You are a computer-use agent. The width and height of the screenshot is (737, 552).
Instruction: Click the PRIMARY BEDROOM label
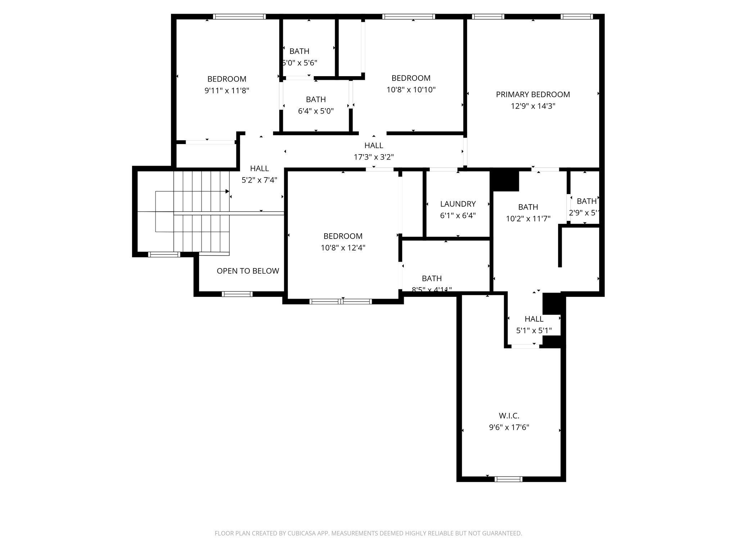click(533, 95)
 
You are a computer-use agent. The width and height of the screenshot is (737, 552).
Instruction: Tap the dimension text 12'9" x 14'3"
click(533, 106)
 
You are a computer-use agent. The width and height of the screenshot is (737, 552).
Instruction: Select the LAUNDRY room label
click(458, 204)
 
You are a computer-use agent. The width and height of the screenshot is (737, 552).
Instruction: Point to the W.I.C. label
click(509, 416)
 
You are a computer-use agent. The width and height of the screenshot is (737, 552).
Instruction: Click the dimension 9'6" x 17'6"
click(509, 428)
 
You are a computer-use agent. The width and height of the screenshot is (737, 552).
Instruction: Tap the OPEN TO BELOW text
click(248, 271)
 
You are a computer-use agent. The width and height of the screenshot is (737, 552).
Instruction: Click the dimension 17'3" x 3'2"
click(374, 157)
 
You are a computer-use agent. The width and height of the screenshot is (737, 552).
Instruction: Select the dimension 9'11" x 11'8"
click(227, 91)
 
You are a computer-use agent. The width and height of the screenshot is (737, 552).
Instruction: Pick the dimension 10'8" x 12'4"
click(343, 248)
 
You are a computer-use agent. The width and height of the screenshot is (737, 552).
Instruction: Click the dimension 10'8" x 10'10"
click(411, 90)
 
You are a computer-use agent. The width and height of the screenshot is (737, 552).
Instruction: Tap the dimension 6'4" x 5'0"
click(316, 111)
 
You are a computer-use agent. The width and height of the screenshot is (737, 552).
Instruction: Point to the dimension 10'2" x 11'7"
click(528, 218)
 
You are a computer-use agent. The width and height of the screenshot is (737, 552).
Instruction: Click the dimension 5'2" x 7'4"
click(259, 180)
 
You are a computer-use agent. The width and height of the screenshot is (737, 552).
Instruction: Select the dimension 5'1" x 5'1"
click(534, 331)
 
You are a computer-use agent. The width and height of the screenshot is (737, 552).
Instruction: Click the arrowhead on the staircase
click(227, 191)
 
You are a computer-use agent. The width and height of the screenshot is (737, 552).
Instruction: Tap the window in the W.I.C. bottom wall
click(508, 479)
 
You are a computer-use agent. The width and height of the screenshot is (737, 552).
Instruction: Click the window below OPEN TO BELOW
click(237, 294)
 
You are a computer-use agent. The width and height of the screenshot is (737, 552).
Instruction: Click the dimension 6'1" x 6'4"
click(458, 216)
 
